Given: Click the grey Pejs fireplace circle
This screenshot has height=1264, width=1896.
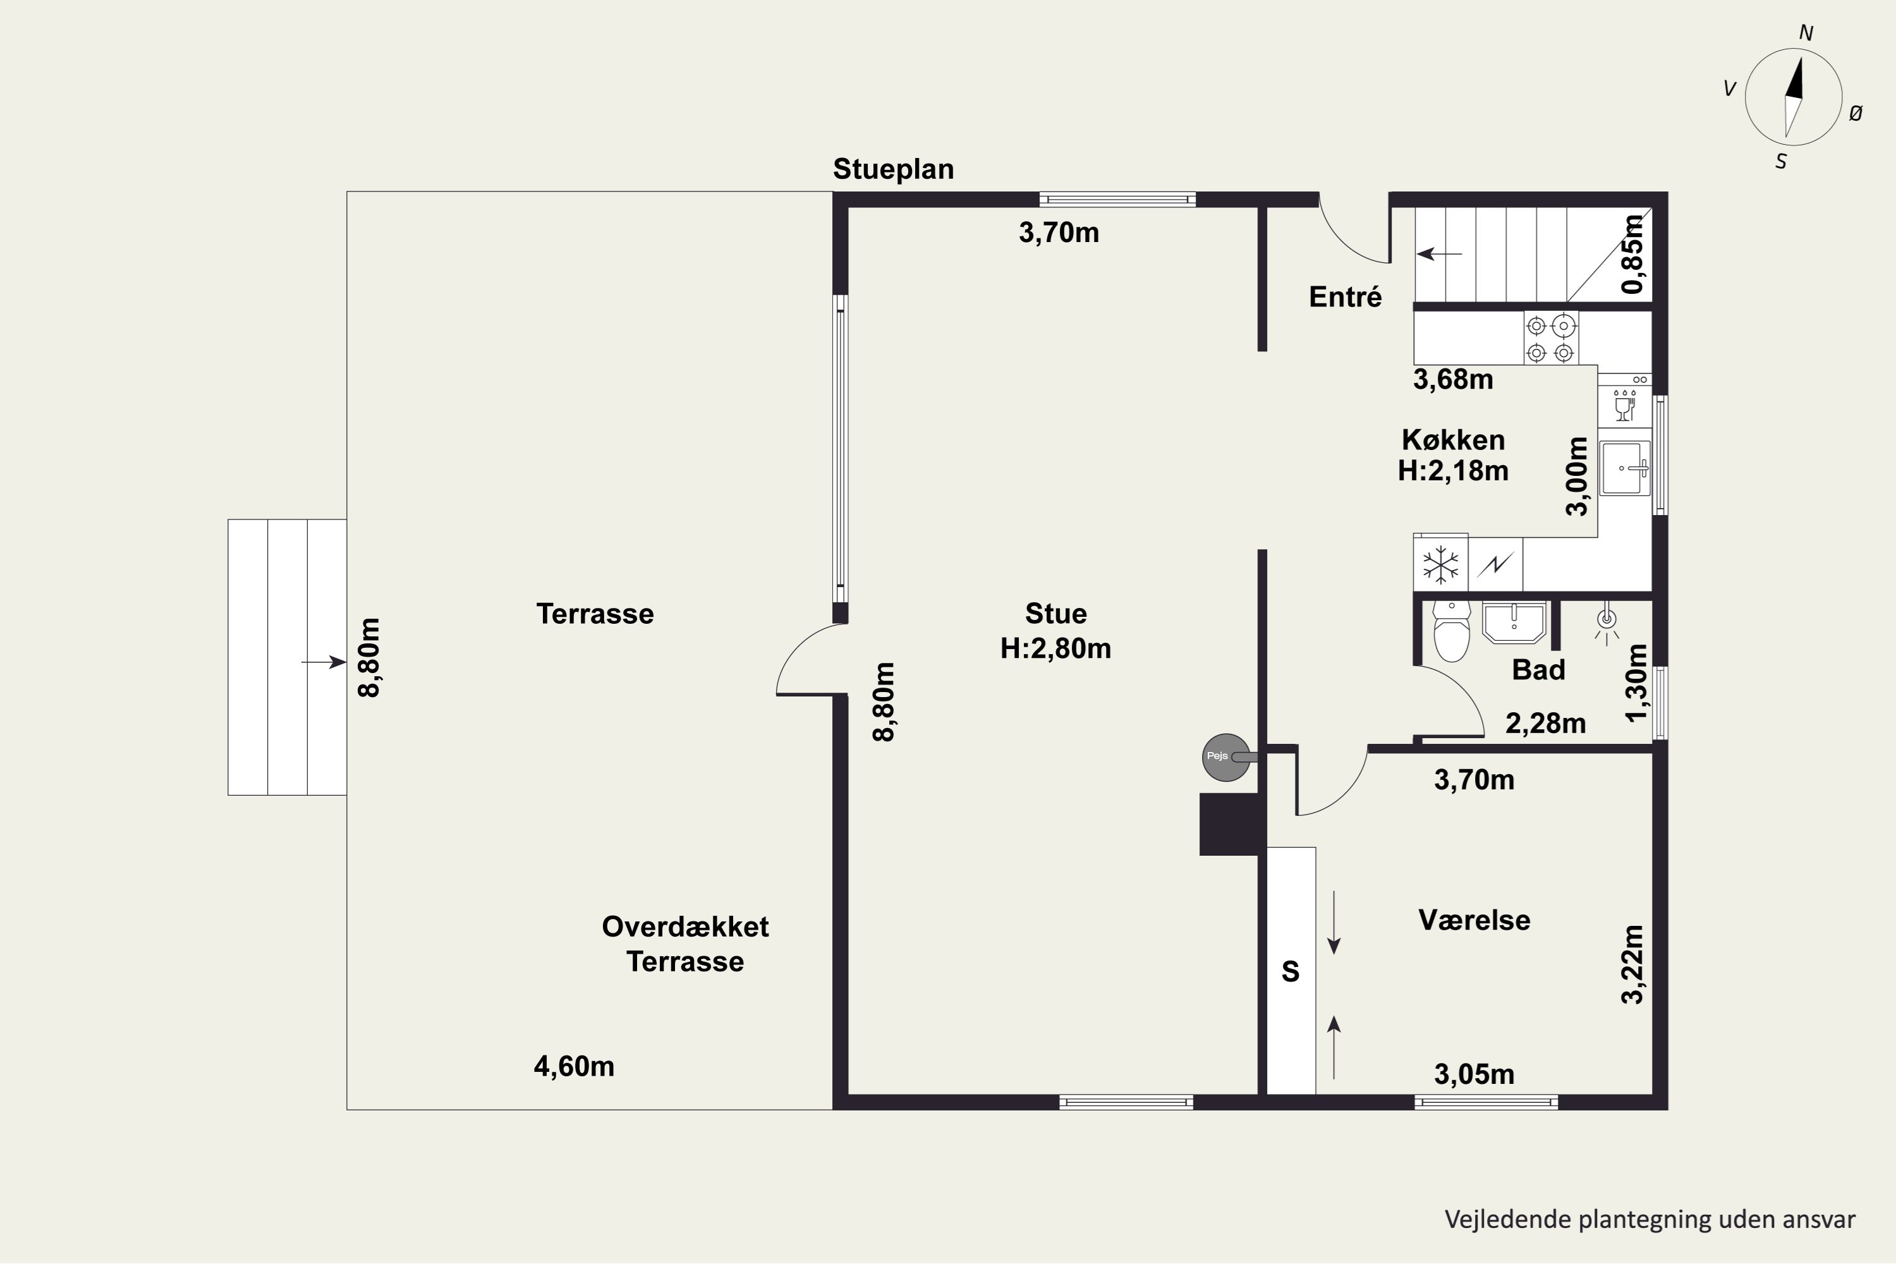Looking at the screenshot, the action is pos(1226,757).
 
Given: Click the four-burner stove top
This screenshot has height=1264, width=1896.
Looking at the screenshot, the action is pos(1550,339).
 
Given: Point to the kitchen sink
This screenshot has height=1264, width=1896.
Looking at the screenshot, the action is pos(1624,468).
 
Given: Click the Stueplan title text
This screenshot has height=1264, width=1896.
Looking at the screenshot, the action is pos(893,169).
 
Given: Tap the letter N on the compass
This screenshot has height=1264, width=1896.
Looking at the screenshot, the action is pos(1806,33).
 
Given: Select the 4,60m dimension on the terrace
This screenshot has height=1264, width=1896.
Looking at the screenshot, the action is pos(574,1067).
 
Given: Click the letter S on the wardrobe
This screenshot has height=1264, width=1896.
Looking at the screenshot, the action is pos(1291,971).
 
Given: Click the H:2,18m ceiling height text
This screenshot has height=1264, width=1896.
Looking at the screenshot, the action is pos(1452,470).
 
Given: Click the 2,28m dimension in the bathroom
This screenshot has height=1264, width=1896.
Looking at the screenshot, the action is pos(1545,724).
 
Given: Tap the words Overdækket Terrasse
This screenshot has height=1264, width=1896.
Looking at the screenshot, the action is pos(685,944).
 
